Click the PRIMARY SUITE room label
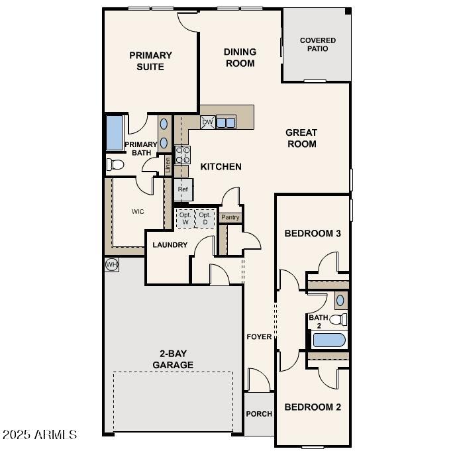150,61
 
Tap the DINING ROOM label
240,58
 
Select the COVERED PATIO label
317,44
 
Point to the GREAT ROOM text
301,138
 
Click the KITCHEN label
221,167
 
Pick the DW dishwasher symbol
207,123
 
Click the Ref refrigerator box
183,189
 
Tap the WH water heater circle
111,265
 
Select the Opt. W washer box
185,219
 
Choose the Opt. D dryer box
205,219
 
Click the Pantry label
230,217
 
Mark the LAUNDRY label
170,245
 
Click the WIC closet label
138,212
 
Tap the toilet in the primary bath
115,164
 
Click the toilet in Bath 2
338,320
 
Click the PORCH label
259,414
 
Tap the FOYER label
259,336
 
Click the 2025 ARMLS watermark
40,435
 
